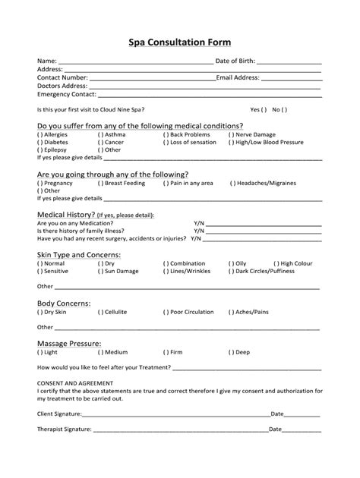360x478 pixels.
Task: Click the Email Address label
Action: (x=238, y=77)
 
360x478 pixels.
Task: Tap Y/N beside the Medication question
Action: (x=199, y=224)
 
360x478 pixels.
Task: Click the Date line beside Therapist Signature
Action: (x=302, y=430)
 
